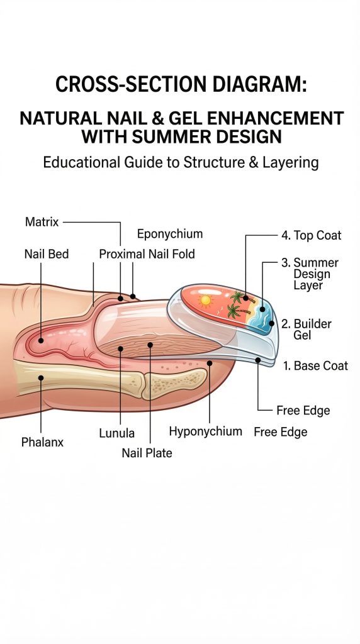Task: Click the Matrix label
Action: click(x=42, y=222)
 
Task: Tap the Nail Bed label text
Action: click(x=47, y=254)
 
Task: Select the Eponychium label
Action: click(x=170, y=234)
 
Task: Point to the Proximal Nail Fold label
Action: click(x=147, y=254)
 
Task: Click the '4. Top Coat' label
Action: click(x=311, y=235)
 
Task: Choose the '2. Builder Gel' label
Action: click(x=306, y=330)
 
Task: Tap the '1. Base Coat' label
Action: click(x=315, y=365)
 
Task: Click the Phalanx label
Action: click(x=42, y=442)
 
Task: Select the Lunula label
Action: click(x=116, y=433)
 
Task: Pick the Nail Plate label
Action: click(x=147, y=453)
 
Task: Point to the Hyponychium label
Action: click(x=205, y=431)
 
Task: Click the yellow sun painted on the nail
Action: click(x=205, y=301)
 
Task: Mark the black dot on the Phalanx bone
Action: click(x=41, y=378)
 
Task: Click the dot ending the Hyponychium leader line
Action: click(x=210, y=363)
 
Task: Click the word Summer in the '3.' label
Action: click(x=316, y=262)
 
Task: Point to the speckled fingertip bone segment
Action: click(x=175, y=384)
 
